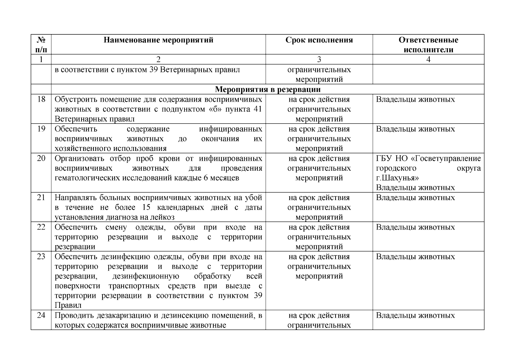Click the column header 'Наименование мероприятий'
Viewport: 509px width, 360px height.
pos(158,40)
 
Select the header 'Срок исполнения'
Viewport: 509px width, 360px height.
pos(319,40)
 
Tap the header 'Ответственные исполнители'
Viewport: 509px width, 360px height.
pos(428,45)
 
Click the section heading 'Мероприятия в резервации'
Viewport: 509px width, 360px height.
pos(268,89)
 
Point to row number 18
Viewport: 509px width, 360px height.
pos(41,99)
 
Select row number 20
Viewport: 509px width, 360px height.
pos(41,158)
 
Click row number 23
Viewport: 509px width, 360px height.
pos(41,257)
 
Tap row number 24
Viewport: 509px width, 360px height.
pos(41,316)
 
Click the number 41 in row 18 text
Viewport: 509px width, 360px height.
pos(258,109)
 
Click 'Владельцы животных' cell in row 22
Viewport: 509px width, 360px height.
pos(415,227)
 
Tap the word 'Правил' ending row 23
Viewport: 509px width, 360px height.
pos(68,306)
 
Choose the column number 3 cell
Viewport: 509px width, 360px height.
pos(319,59)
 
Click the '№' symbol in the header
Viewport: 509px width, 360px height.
pos(41,40)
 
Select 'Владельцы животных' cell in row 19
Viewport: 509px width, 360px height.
pos(415,129)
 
